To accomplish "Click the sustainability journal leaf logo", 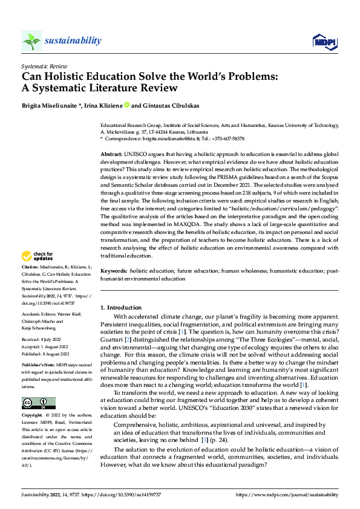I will pos(31,41).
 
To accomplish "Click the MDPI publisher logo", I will pos(324,41).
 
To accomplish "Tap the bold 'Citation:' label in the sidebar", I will pos(31,283).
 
